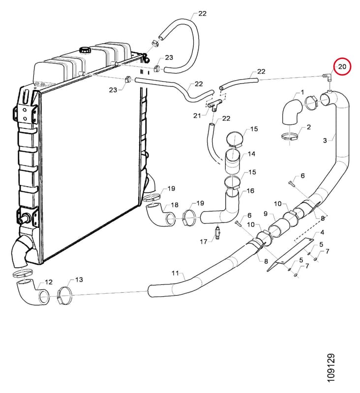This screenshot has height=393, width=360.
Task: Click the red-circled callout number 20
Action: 342,67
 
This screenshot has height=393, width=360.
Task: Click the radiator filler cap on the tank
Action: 85,50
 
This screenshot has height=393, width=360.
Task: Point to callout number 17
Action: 204,242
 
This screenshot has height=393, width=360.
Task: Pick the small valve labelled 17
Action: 218,232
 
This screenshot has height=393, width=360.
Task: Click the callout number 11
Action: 175,273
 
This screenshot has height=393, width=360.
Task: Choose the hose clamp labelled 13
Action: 65,295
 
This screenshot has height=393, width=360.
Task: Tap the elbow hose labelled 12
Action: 32,292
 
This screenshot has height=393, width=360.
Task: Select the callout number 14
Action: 251,154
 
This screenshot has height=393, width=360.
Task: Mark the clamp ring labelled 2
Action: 290,137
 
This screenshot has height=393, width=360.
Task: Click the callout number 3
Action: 325,140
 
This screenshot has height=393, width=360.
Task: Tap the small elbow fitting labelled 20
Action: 327,77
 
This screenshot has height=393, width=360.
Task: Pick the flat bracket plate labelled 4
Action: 290,254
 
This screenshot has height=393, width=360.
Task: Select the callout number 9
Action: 266,214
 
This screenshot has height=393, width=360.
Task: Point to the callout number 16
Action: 250,191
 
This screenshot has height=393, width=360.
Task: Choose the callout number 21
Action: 197,115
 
